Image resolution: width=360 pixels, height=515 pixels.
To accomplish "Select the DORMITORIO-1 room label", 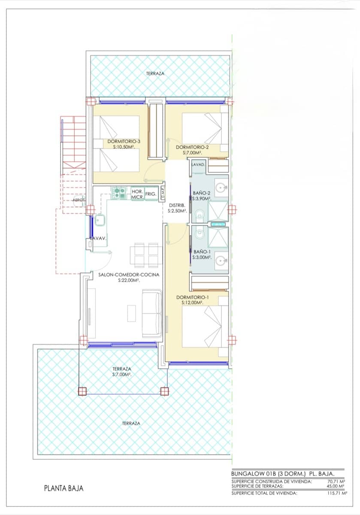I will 193,297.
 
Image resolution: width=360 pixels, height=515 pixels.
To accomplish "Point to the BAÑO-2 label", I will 201,193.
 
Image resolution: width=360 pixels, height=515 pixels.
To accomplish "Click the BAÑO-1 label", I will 201,252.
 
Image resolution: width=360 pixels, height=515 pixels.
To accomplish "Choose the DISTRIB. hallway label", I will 177,206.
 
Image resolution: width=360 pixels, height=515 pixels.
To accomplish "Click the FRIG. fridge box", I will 151,194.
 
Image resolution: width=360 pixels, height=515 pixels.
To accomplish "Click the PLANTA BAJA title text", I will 64,488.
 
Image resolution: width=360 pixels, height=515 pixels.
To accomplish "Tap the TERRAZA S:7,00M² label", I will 122,371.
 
